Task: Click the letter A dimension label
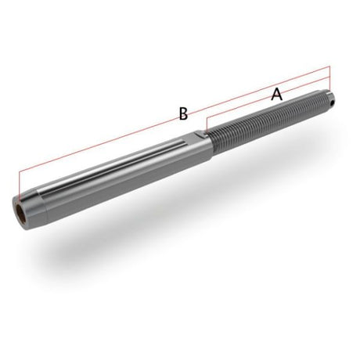pyautogui.click(x=277, y=94)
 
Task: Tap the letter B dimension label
pyautogui.click(x=183, y=113)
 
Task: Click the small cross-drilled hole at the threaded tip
pyautogui.click(x=332, y=103)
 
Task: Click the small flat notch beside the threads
pyautogui.click(x=201, y=135)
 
